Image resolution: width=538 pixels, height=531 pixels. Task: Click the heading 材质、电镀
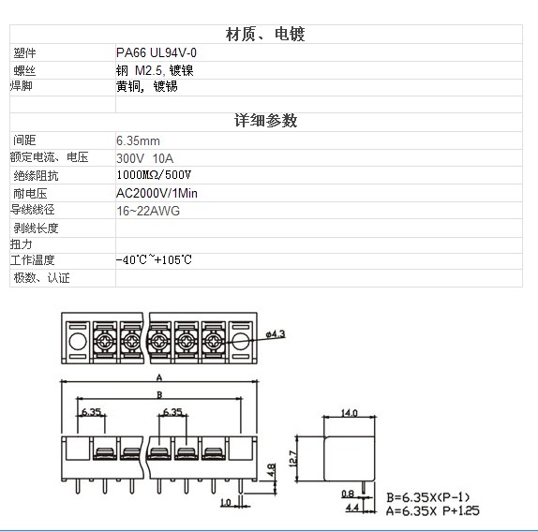pyautogui.click(x=265, y=35)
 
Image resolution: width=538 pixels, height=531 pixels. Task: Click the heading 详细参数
pyautogui.click(x=265, y=120)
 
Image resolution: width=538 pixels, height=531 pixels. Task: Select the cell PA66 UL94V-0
pyautogui.click(x=157, y=52)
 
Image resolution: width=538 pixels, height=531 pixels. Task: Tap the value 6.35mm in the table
pyautogui.click(x=138, y=140)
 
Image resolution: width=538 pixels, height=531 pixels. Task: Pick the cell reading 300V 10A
pyautogui.click(x=144, y=158)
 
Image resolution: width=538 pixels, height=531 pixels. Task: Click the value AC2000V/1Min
pyautogui.click(x=157, y=193)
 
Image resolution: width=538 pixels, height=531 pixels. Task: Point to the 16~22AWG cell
pyautogui.click(x=148, y=211)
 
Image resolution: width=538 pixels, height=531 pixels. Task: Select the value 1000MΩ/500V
pyautogui.click(x=154, y=175)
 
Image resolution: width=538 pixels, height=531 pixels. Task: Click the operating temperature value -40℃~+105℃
pyautogui.click(x=154, y=259)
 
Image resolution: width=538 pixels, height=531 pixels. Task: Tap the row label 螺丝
pyautogui.click(x=24, y=70)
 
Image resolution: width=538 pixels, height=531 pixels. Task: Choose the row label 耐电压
pyautogui.click(x=30, y=193)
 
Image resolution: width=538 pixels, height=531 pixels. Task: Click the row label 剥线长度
pyautogui.click(x=36, y=228)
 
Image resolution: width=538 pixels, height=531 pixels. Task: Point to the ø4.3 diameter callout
pyautogui.click(x=276, y=334)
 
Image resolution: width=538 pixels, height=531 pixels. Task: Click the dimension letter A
pyautogui.click(x=159, y=377)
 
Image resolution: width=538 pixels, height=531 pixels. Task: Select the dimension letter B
pyautogui.click(x=159, y=395)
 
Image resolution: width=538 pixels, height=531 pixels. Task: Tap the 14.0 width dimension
pyautogui.click(x=349, y=413)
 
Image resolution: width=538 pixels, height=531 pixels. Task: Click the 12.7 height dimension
pyautogui.click(x=293, y=458)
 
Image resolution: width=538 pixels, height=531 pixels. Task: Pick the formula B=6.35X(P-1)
pyautogui.click(x=427, y=497)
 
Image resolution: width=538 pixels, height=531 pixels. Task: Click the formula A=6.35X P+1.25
pyautogui.click(x=432, y=510)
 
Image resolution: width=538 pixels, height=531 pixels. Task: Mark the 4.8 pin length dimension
pyautogui.click(x=271, y=470)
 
